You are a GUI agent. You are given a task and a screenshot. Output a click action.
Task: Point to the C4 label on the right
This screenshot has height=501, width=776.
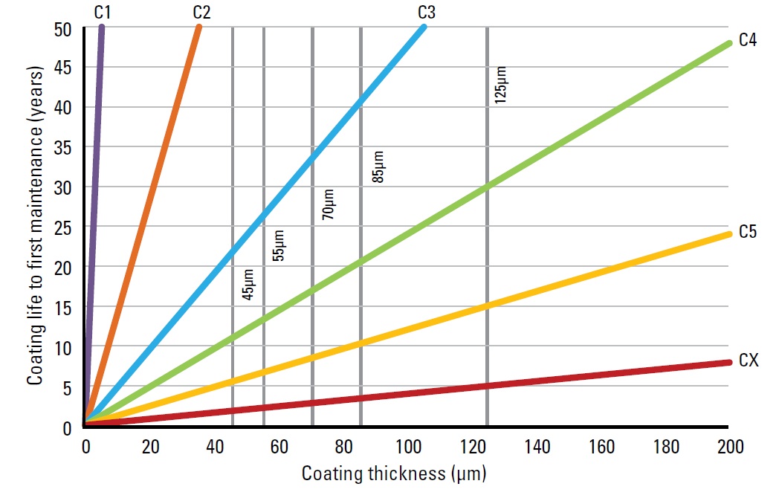point(748,40)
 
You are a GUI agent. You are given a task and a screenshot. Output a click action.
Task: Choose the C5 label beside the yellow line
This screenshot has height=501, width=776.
point(748,232)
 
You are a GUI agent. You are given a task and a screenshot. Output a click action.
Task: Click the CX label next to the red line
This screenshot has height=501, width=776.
point(748,361)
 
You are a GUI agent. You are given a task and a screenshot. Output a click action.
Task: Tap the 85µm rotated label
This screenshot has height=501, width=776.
point(377,167)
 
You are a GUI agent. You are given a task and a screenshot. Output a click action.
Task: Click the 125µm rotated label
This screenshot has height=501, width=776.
point(501,85)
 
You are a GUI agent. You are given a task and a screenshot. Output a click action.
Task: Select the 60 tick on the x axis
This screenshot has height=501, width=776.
point(279,447)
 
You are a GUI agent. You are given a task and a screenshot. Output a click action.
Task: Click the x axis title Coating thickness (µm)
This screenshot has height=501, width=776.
point(393,473)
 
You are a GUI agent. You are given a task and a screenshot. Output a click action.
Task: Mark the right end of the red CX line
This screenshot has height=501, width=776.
point(728,363)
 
